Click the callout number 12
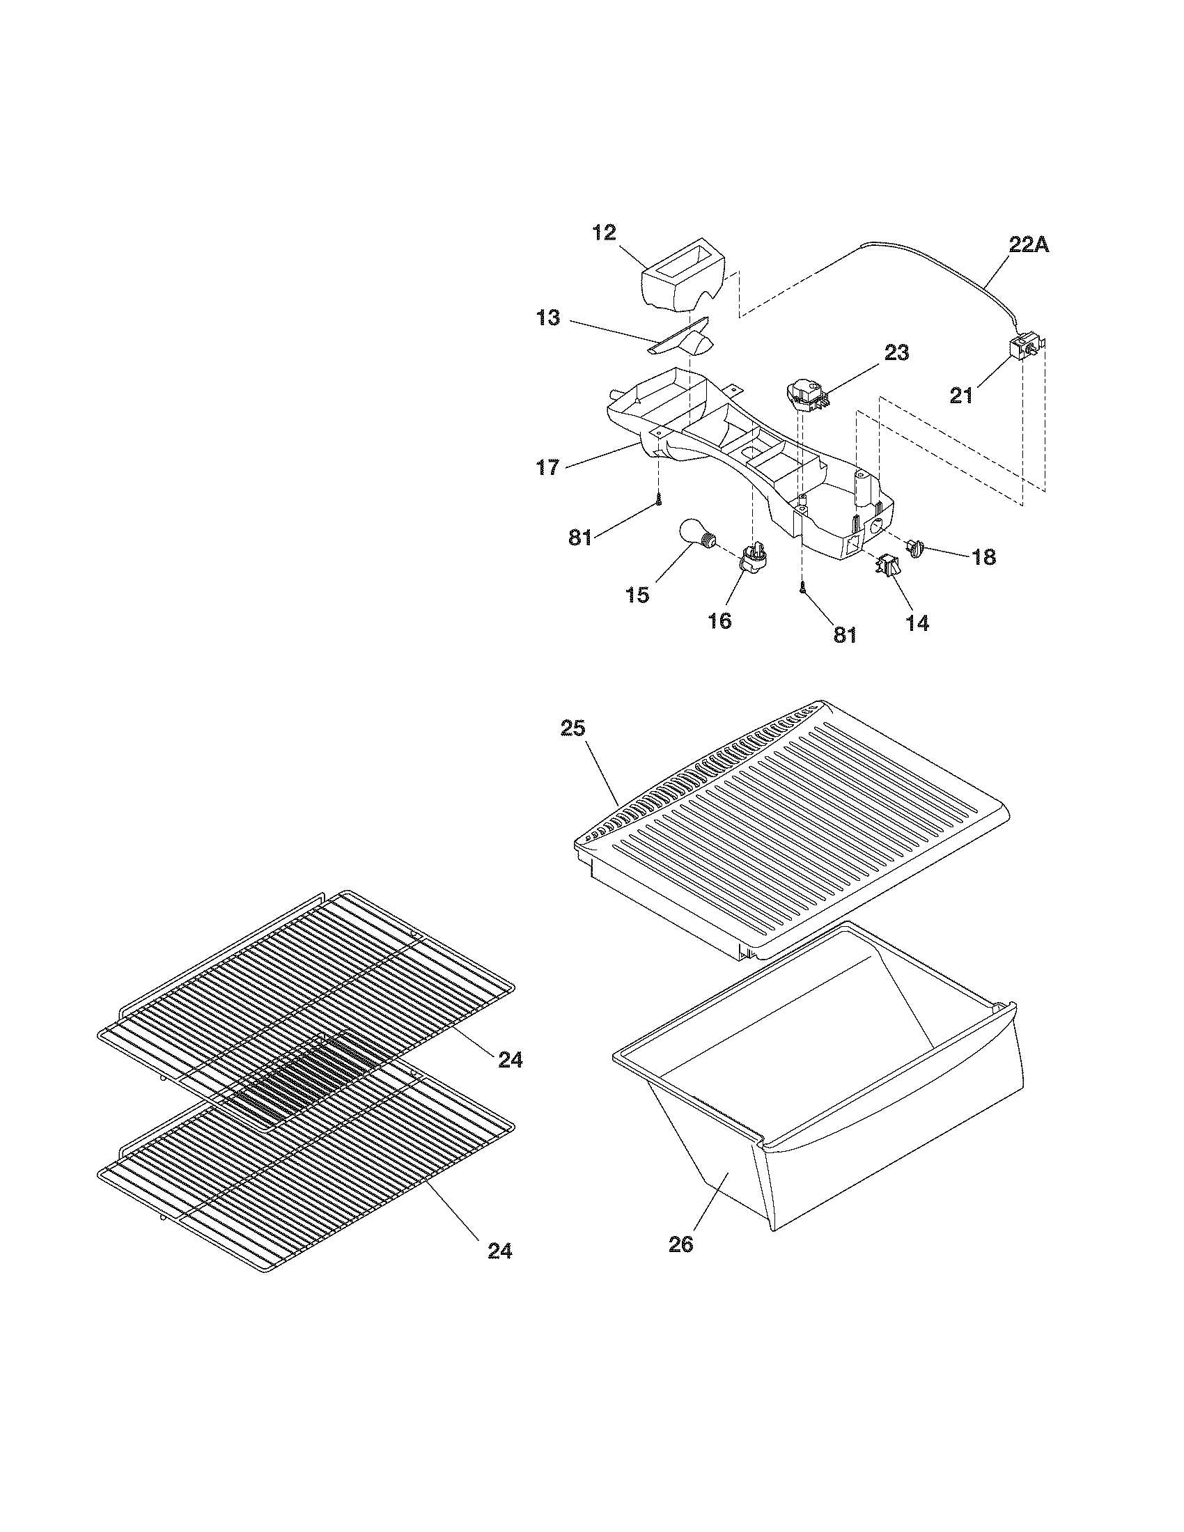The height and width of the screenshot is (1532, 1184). pyautogui.click(x=604, y=232)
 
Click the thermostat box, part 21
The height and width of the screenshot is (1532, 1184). pyautogui.click(x=1025, y=347)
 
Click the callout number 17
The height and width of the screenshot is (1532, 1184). pyautogui.click(x=548, y=467)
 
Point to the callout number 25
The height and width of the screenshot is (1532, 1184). pyautogui.click(x=573, y=728)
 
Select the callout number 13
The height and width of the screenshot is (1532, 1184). pyautogui.click(x=549, y=318)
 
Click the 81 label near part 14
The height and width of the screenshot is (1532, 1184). pyautogui.click(x=845, y=634)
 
